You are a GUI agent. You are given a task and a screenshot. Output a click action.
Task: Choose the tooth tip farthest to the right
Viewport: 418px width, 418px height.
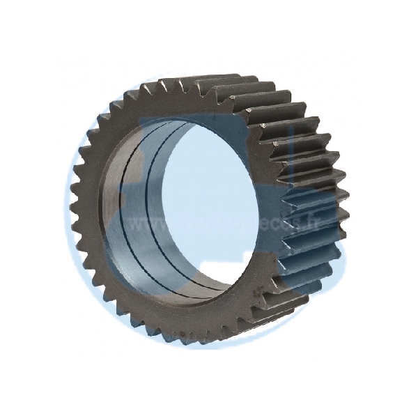(346, 209)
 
